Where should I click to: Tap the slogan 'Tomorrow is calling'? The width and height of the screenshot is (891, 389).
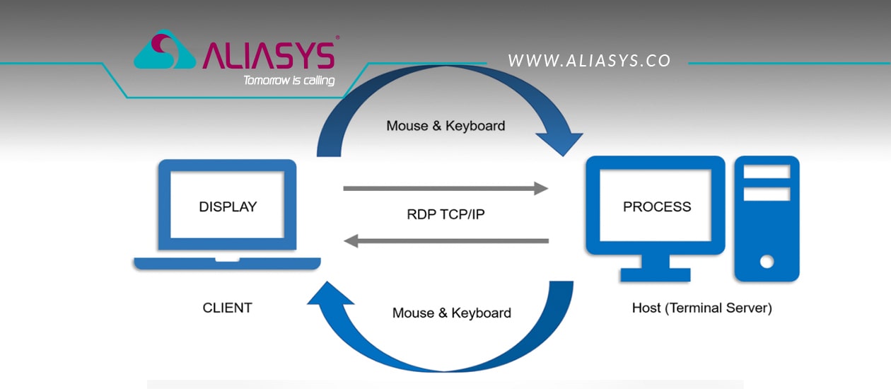pos(289,80)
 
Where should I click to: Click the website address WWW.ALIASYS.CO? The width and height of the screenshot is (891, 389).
pos(589,61)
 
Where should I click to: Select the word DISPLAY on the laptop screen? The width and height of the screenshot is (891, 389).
pos(228,207)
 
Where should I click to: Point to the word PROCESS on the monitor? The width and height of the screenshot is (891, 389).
pos(657,207)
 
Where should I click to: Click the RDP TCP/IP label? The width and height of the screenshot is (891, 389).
pos(445,214)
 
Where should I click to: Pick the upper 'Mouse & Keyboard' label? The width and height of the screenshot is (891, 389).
pos(445,126)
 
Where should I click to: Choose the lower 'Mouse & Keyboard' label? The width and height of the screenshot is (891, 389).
pos(451,313)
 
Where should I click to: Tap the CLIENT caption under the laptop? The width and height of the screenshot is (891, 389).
pos(227,308)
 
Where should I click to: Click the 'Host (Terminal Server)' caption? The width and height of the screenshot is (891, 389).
pos(701,308)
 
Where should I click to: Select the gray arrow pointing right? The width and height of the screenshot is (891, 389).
pos(445,189)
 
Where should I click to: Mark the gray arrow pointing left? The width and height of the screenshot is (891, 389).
pos(445,241)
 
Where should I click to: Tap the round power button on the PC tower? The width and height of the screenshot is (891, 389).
pos(767,262)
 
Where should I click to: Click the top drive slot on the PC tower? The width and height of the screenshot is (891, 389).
pos(767,173)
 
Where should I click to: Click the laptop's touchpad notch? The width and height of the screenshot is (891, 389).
pos(227,260)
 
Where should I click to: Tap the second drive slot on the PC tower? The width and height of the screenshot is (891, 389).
pos(767,194)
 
